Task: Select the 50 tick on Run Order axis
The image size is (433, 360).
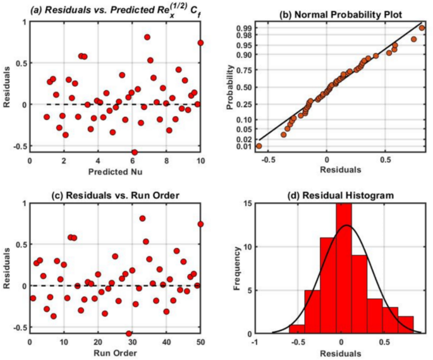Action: click(200, 342)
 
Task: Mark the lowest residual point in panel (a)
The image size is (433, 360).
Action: click(134, 152)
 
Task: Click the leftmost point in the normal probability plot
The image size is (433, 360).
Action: click(259, 146)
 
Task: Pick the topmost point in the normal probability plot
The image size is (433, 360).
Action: click(422, 28)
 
